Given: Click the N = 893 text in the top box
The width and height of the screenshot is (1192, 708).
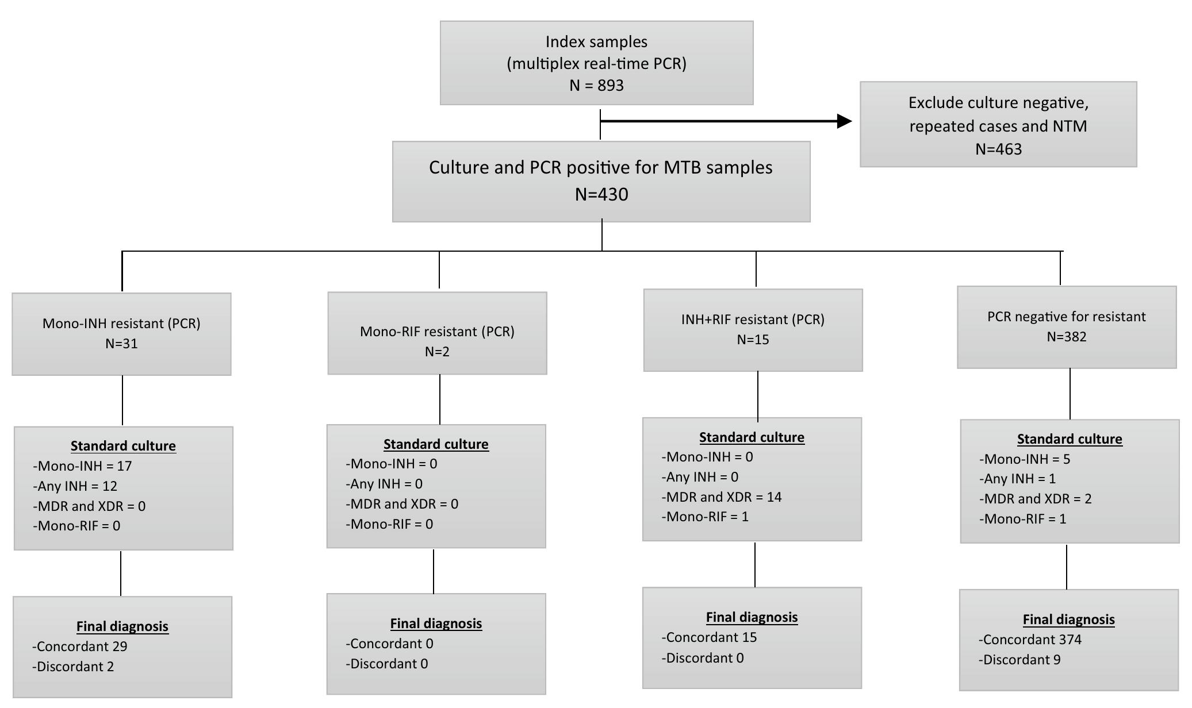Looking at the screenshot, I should point(596,86).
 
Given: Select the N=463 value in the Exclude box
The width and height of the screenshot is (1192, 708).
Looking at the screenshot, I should point(998,149).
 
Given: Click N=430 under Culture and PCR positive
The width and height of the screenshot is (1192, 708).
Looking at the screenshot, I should point(601,194).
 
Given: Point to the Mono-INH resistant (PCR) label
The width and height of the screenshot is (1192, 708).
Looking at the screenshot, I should point(121,324).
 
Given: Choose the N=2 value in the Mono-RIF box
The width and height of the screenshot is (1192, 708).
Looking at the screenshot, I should point(437,352).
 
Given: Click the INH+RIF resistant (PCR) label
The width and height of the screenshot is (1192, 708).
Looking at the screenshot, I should point(753,320).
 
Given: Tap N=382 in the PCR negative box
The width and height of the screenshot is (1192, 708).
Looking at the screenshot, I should point(1066,337).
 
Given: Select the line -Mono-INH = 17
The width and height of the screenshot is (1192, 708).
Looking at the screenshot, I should point(83,466).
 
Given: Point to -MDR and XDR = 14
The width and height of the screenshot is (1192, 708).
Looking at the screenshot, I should point(722,497).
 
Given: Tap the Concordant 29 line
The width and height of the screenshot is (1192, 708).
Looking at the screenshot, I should point(80,647).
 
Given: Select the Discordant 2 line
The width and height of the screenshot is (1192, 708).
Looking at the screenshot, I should point(74,667).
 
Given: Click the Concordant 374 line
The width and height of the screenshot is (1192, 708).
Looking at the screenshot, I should point(1030,640).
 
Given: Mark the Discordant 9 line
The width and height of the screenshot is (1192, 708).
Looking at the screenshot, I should point(1020,660).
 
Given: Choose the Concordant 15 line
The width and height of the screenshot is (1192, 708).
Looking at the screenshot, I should point(710,637).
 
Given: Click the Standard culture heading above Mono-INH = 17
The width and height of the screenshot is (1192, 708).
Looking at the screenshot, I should point(123,446).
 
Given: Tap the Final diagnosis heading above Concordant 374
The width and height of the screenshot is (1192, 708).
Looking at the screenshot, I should point(1068,619).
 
